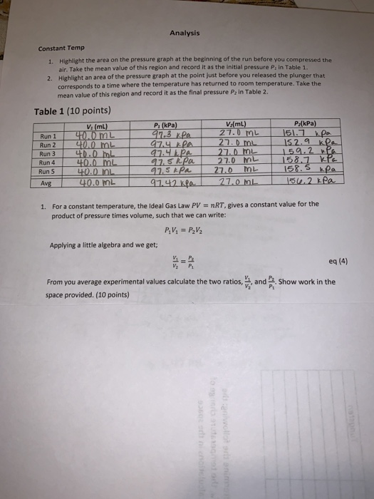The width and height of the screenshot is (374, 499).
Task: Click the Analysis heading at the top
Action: coord(185,33)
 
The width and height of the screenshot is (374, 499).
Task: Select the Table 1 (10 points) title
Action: coord(72,110)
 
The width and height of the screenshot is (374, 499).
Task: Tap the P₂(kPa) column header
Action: coord(304,122)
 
